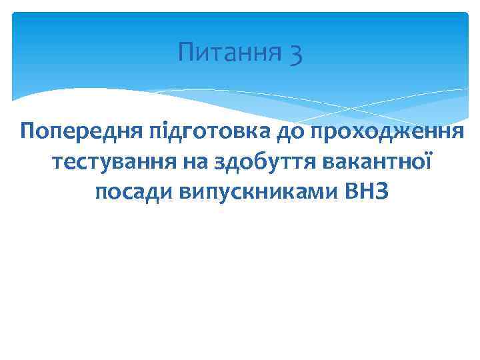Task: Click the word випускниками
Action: coord(257,193)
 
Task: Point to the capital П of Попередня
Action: coord(28,130)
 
